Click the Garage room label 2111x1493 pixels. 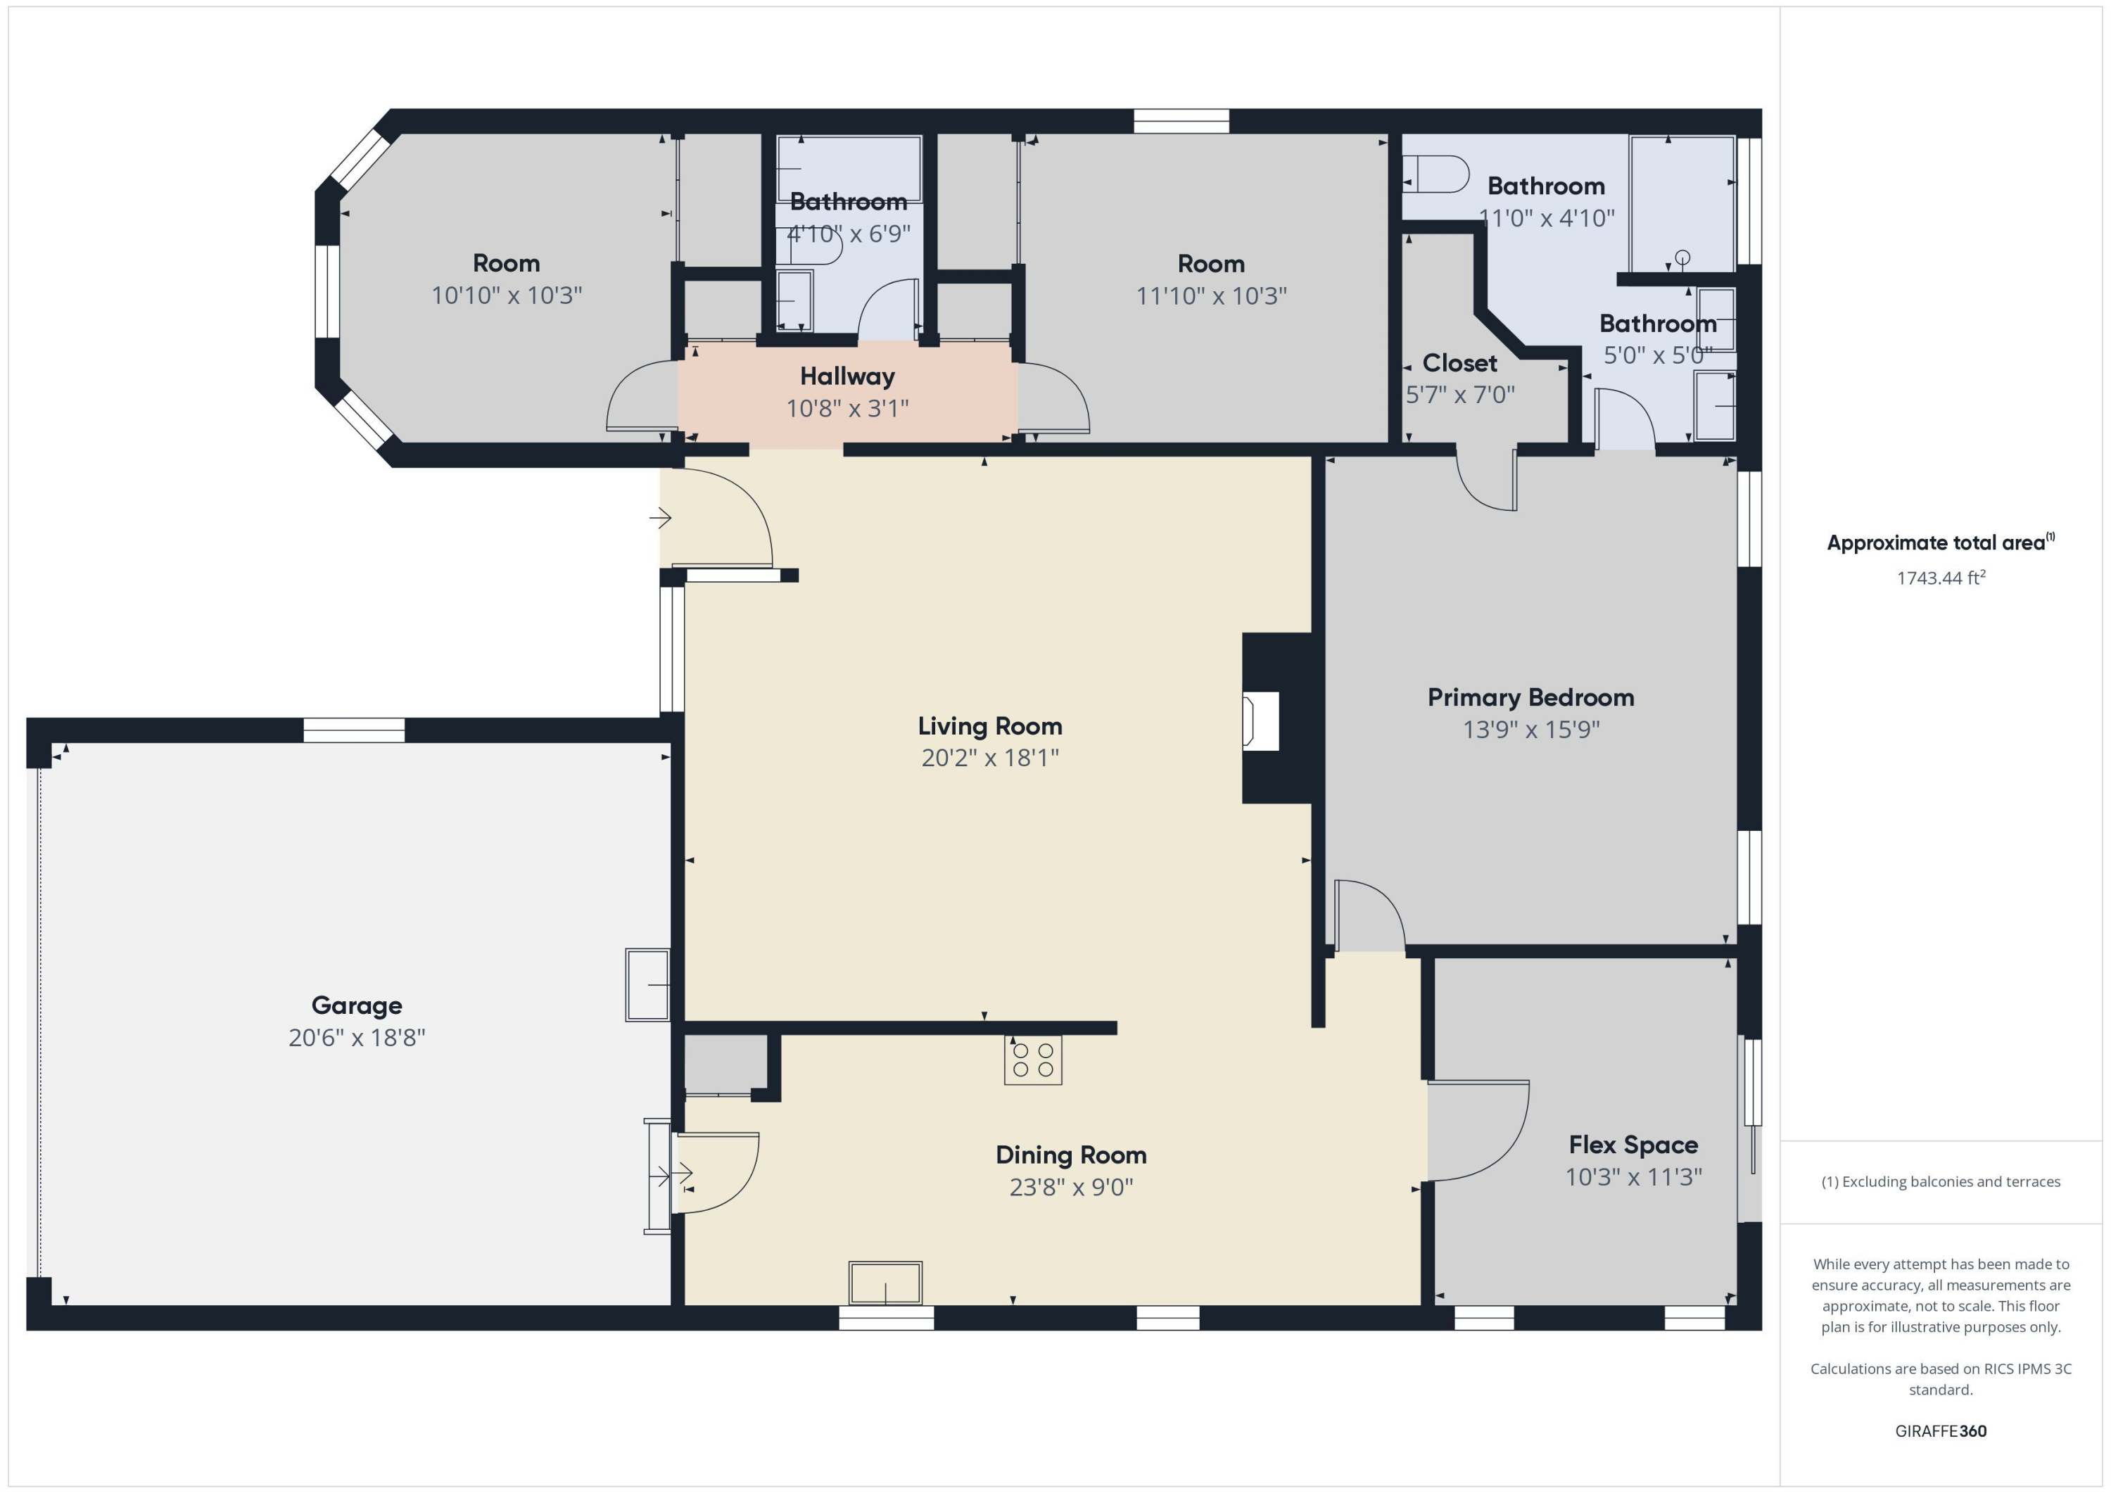[357, 1005]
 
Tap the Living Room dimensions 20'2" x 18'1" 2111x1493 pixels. [989, 758]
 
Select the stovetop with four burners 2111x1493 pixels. [1032, 1060]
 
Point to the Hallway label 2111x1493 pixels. [847, 376]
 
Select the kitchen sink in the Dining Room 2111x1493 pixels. [885, 1283]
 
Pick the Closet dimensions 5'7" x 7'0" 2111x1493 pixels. [1459, 395]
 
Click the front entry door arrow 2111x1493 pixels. [660, 519]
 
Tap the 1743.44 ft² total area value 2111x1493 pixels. [1940, 578]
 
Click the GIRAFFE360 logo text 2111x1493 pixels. [1940, 1430]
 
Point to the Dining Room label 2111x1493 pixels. [1070, 1155]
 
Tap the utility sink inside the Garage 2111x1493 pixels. [647, 984]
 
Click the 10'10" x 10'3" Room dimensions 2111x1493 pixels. [507, 295]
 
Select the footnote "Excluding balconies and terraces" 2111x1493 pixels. [1940, 1181]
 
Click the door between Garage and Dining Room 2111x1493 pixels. [717, 1172]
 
